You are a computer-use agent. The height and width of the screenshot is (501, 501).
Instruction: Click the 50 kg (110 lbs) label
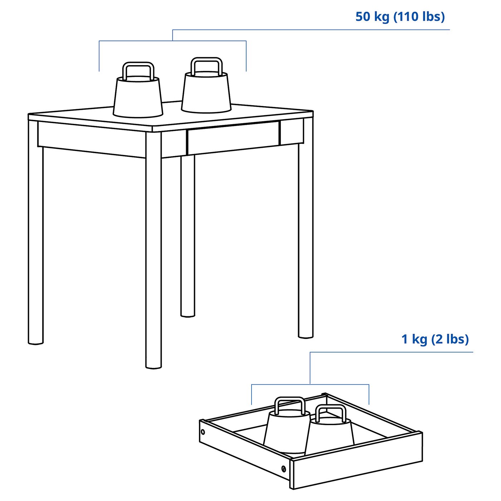pyautogui.click(x=400, y=17)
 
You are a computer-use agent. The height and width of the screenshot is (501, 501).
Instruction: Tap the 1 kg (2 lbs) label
pyautogui.click(x=435, y=339)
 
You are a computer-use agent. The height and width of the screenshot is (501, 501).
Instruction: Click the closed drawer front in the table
pyautogui.click(x=233, y=137)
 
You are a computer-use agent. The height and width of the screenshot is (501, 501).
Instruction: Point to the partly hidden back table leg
pyautogui.click(x=188, y=236)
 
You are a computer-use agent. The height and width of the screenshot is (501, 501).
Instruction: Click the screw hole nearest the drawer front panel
pyautogui.click(x=283, y=468)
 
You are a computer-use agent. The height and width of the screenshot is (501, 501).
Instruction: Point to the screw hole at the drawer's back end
pyautogui.click(x=203, y=432)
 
